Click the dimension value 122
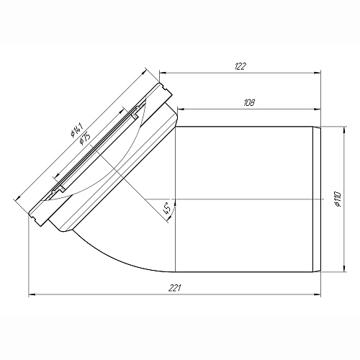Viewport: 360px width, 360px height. click(240, 66)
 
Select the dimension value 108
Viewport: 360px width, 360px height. click(249, 103)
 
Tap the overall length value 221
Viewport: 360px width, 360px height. click(174, 288)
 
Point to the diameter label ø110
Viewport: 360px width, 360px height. click(338, 199)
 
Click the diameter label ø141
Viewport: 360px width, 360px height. click(77, 130)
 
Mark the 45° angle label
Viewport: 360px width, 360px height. click(167, 208)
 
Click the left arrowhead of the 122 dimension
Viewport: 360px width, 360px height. click(163, 73)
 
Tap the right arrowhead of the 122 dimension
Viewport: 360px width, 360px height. click(318, 73)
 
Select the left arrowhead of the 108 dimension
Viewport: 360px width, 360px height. click(180, 109)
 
